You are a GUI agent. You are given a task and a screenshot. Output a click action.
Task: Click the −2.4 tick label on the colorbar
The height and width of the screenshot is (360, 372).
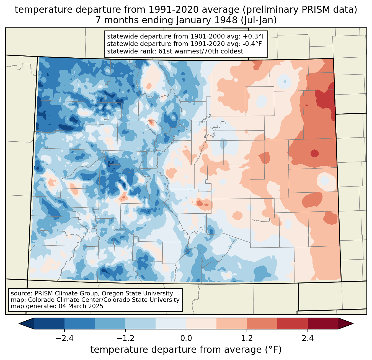(64, 338)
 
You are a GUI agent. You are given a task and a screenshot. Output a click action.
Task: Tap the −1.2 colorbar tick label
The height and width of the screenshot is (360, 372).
(125, 338)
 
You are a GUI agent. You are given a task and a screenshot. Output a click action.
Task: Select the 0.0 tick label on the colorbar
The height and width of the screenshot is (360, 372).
(186, 338)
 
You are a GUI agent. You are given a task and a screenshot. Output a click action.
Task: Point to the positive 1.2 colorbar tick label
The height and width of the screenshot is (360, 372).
(247, 338)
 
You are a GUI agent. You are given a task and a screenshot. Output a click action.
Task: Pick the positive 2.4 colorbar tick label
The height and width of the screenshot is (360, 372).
(308, 338)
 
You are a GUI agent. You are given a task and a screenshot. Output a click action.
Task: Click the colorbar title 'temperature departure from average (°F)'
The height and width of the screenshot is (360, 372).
(186, 350)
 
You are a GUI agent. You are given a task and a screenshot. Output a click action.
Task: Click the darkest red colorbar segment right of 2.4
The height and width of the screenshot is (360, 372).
(323, 323)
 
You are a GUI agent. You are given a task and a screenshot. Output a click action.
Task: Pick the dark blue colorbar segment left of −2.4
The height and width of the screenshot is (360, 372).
(49, 323)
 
